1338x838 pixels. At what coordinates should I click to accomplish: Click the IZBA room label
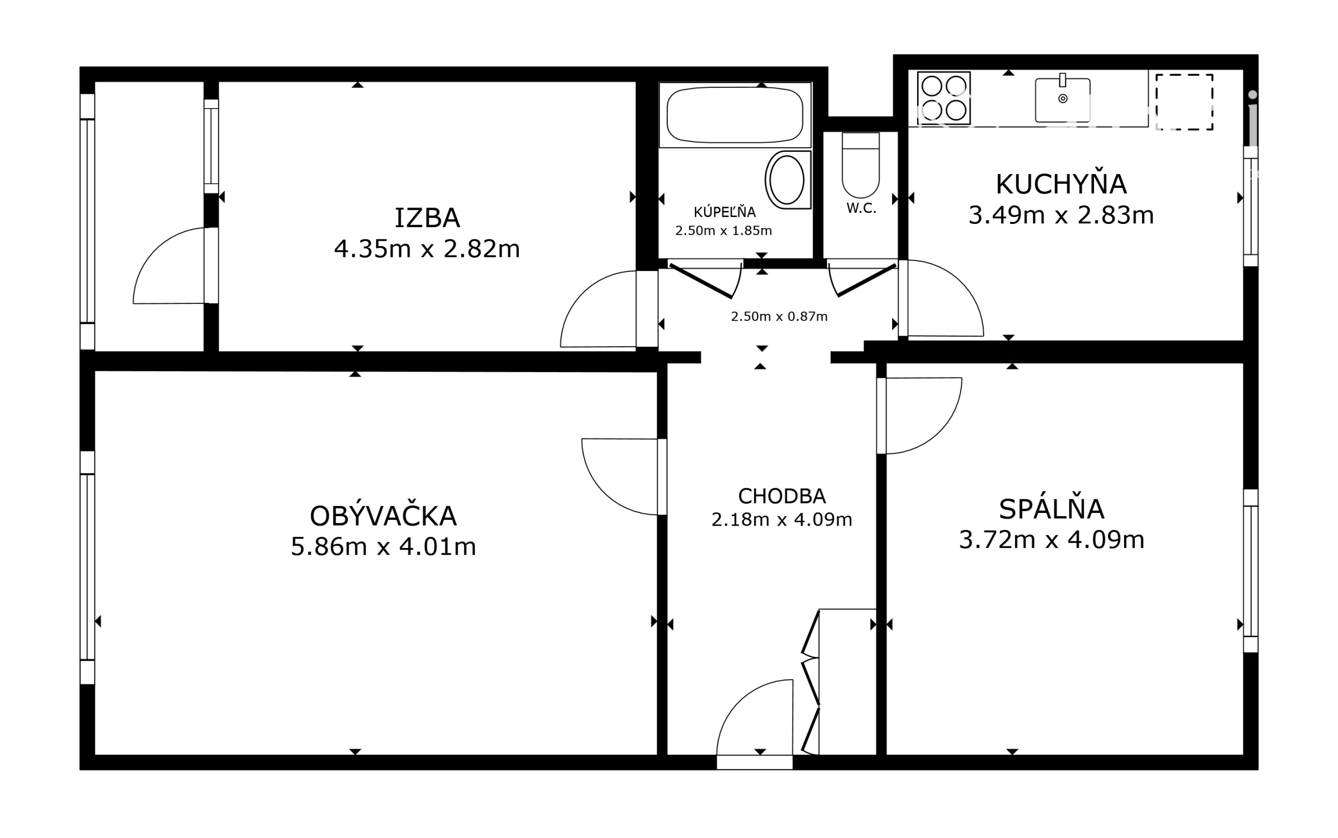coord(427,218)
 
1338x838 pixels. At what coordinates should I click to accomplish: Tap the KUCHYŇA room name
coord(1061,184)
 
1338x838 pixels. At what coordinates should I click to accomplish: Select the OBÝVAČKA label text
coord(383,516)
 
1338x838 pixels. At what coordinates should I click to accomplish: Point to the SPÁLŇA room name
coord(1052,509)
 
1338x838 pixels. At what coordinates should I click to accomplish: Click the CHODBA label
coord(782,496)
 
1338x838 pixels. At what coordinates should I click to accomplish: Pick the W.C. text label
coord(861,209)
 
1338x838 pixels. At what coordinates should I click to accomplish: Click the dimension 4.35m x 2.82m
coord(427,249)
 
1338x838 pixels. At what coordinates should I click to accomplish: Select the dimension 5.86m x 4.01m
coord(383,546)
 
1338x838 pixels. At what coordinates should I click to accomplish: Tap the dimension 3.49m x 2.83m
coord(1061,215)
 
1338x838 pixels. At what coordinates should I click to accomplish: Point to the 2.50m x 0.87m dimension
coord(779,317)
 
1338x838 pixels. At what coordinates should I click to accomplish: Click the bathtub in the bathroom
coord(735,115)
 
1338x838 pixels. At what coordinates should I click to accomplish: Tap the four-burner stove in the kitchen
coord(944,98)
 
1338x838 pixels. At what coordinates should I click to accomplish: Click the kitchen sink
coord(1063,100)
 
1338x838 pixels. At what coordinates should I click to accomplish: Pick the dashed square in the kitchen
coord(1184,102)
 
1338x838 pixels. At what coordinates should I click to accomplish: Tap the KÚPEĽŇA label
coord(724,212)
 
